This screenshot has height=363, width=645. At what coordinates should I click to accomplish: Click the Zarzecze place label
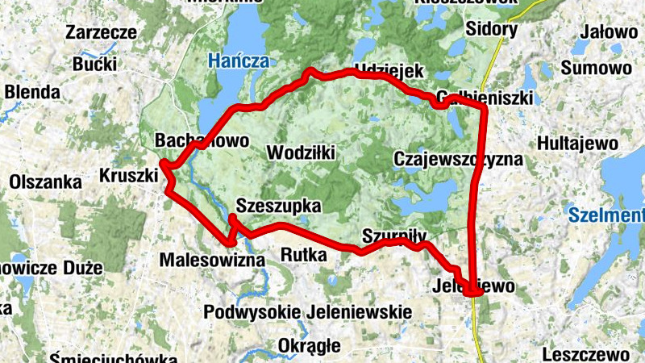pyautogui.click(x=101, y=33)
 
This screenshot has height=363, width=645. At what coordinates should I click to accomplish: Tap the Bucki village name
pyautogui.click(x=94, y=65)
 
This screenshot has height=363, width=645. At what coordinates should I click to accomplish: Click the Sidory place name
pyautogui.click(x=492, y=30)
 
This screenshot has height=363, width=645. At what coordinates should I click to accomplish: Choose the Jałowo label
pyautogui.click(x=608, y=33)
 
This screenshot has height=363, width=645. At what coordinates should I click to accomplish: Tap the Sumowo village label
pyautogui.click(x=598, y=67)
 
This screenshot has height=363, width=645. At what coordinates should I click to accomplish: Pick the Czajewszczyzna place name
pyautogui.click(x=459, y=159)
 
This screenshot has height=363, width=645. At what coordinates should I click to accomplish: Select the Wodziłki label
pyautogui.click(x=300, y=152)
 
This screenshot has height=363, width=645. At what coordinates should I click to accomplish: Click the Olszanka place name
pyautogui.click(x=46, y=182)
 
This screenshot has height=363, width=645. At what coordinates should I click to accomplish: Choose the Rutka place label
pyautogui.click(x=304, y=256)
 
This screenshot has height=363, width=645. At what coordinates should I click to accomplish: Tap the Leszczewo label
pyautogui.click(x=585, y=354)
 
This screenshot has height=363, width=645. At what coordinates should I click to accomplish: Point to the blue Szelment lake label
pyautogui.click(x=605, y=215)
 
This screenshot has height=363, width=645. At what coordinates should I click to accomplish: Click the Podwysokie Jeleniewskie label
pyautogui.click(x=308, y=312)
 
